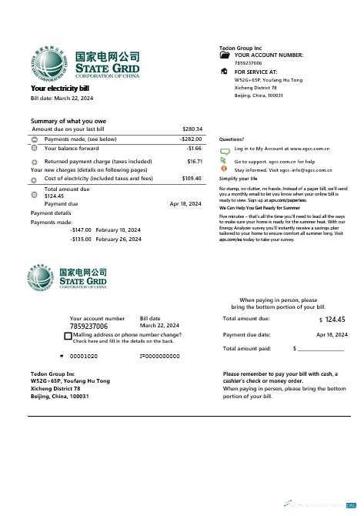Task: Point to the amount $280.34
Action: [192, 129]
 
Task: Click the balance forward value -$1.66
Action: [194, 148]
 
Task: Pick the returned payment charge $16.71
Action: [195, 161]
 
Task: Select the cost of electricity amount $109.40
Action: [192, 178]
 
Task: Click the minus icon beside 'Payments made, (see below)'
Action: [35, 139]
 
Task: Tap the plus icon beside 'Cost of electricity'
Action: [35, 179]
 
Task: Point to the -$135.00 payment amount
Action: [81, 239]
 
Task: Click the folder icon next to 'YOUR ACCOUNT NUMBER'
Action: [225, 55]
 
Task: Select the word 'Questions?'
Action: [232, 139]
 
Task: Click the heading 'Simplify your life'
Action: [238, 178]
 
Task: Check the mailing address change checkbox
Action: [68, 337]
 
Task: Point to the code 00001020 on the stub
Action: [84, 356]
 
